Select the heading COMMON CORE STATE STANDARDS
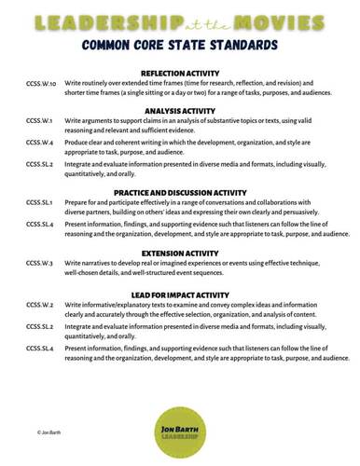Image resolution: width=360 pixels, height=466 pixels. click(179, 44)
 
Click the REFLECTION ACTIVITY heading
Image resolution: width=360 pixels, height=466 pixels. click(179, 73)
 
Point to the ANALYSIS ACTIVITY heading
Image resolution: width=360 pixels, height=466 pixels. click(179, 110)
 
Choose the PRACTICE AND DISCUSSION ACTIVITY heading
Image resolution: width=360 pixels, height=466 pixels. click(179, 192)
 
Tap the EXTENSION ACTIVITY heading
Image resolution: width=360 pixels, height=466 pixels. click(179, 252)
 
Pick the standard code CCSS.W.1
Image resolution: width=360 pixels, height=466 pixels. click(40, 120)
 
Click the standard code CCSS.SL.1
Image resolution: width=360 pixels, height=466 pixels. click(42, 202)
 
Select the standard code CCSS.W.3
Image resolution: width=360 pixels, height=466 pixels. click(40, 263)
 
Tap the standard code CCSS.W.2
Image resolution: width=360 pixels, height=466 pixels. click(40, 305)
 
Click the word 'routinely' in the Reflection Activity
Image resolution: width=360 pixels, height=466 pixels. click(96, 83)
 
